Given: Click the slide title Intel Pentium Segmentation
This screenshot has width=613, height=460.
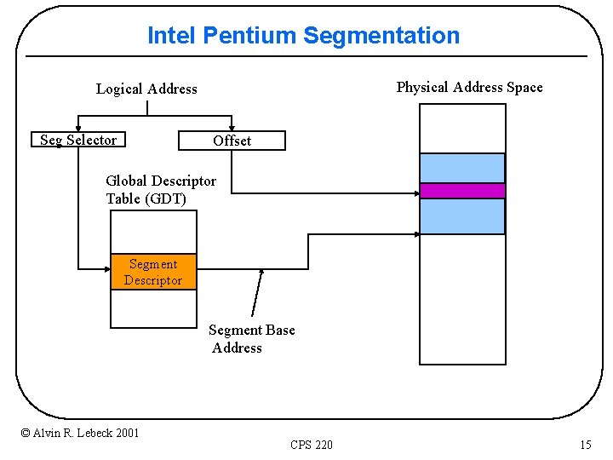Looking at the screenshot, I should tap(303, 36).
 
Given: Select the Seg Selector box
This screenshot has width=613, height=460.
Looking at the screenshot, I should tap(78, 140).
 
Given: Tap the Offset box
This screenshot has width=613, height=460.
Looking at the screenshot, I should tap(232, 141).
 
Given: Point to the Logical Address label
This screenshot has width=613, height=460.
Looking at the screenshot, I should tap(146, 89).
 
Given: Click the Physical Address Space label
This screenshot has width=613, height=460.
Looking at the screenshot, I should tap(469, 87).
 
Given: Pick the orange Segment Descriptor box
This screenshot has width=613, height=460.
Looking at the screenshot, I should tap(153, 273).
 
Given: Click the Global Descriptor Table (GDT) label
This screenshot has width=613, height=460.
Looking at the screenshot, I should tap(160, 189).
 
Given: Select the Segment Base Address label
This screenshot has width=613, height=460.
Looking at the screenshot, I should tap(251, 338).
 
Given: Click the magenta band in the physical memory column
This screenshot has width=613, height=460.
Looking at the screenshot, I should tap(462, 191).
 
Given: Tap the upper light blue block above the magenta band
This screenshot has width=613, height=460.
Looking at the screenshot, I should tap(462, 168).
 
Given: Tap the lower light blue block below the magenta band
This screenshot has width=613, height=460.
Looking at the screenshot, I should tap(462, 216).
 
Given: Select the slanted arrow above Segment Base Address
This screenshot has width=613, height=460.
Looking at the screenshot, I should tap(257, 292).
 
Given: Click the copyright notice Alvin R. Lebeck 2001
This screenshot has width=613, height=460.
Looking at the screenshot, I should tap(80, 433).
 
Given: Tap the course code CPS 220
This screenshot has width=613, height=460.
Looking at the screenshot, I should tap(312, 445).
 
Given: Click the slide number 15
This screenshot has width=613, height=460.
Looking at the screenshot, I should tap(585, 445).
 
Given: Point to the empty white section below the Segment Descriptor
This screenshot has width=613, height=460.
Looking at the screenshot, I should tap(153, 308).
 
